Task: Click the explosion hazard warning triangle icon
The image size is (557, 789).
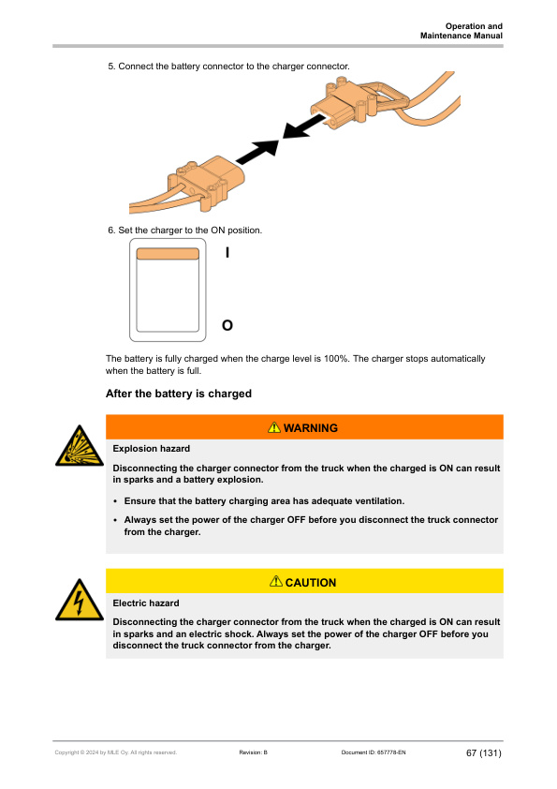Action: (x=80, y=446)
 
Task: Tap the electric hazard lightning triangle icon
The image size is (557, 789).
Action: (x=80, y=601)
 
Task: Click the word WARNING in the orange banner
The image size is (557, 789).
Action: (x=311, y=428)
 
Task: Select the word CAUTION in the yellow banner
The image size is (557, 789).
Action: (x=311, y=583)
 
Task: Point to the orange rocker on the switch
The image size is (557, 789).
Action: (x=168, y=254)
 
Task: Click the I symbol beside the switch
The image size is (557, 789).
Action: (x=227, y=252)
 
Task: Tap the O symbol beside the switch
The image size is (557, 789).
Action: (x=227, y=325)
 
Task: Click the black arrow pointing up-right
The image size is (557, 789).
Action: (x=257, y=152)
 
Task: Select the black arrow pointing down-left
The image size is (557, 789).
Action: (x=304, y=127)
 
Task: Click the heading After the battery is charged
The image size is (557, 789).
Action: (x=179, y=394)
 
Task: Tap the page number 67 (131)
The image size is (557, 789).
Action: (x=484, y=752)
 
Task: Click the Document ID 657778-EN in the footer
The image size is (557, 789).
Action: (x=374, y=752)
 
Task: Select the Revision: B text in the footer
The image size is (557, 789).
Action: (x=254, y=752)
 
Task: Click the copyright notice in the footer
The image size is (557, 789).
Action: (x=116, y=752)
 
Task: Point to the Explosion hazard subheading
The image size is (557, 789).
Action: (x=152, y=448)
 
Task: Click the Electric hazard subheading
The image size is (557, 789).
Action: (x=146, y=603)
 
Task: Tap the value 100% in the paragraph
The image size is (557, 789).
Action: (x=336, y=359)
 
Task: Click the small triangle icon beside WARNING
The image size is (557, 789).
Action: (x=274, y=427)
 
